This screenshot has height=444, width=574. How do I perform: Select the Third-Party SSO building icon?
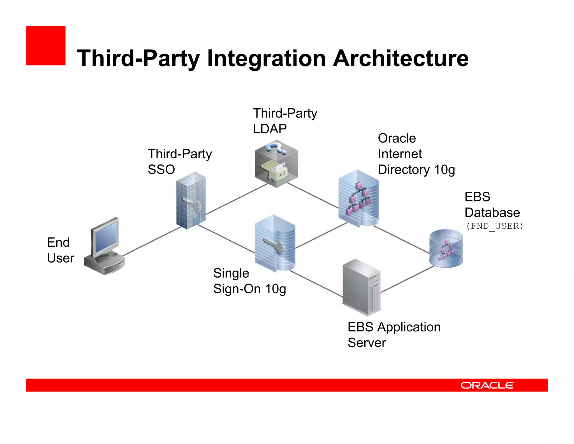[191, 201]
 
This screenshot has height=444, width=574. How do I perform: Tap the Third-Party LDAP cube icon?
[276, 164]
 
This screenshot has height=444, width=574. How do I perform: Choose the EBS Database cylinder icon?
[446, 248]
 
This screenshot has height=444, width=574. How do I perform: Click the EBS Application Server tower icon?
[362, 287]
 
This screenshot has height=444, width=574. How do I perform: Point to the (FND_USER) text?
[494, 226]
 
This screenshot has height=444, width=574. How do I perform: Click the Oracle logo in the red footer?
[487, 385]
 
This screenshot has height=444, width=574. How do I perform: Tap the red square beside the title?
[46, 46]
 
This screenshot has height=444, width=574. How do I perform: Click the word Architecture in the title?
[401, 58]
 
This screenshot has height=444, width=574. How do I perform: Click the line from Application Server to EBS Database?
[408, 279]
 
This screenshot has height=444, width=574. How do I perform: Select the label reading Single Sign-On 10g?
[249, 281]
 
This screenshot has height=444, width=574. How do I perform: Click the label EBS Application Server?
[394, 335]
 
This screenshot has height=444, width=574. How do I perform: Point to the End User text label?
[60, 250]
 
